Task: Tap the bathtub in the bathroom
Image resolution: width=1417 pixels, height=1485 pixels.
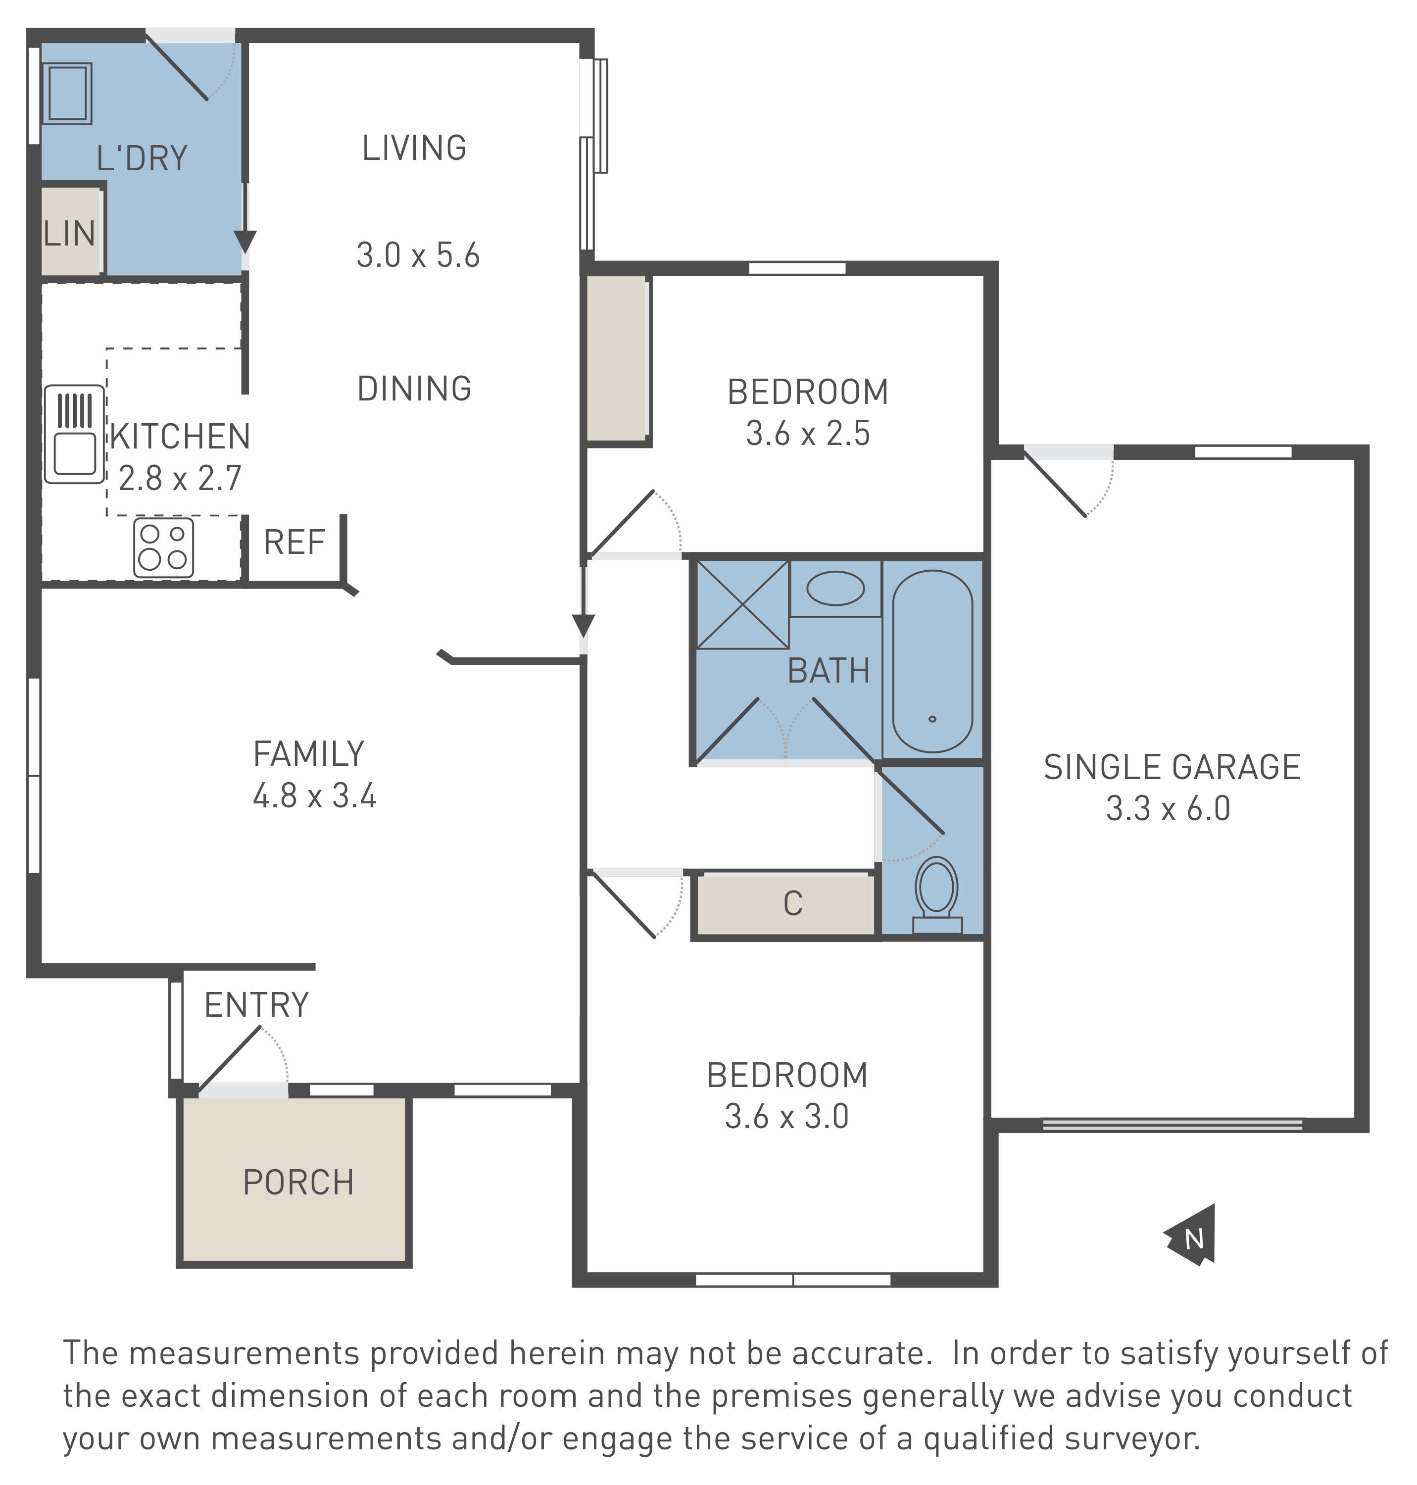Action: [x=933, y=661]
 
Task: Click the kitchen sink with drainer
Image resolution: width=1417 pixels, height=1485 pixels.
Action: [x=74, y=434]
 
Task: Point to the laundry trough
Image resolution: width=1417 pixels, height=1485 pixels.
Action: [x=68, y=93]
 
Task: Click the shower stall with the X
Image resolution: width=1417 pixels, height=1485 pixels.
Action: [x=742, y=604]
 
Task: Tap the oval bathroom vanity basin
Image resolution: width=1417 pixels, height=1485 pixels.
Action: [x=835, y=589]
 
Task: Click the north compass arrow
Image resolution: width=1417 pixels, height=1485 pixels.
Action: [x=1192, y=1236]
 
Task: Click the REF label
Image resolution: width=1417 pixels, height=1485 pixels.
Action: [x=294, y=543]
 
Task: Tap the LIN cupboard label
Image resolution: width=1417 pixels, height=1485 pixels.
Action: [x=69, y=234]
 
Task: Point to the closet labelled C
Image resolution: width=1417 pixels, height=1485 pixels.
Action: [x=792, y=903]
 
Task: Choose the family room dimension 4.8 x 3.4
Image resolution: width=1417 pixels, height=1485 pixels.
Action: [x=314, y=796]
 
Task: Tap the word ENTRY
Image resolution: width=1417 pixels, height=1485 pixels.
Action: [x=257, y=1005]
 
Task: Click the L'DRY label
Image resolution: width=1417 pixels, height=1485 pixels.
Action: [x=142, y=158]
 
